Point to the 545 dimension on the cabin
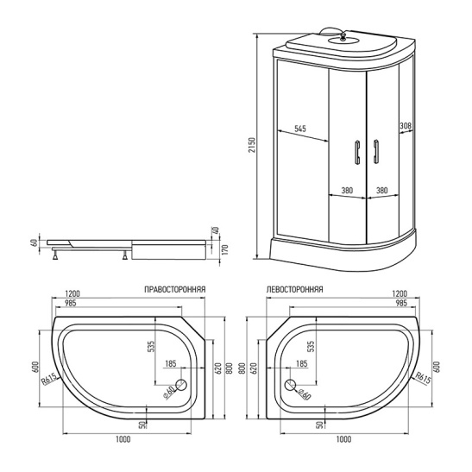[300, 129]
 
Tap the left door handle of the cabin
[354, 152]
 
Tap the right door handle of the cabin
[375, 152]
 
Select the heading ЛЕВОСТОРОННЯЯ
[294, 291]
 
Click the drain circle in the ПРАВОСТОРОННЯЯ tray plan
[181, 387]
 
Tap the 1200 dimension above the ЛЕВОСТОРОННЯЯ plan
[399, 293]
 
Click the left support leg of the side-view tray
[57, 255]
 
